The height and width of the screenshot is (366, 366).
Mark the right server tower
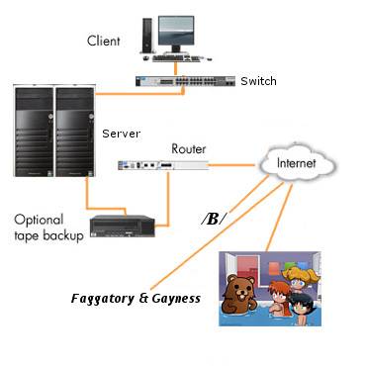coord(75,134)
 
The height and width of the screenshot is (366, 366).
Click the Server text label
coord(122,132)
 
